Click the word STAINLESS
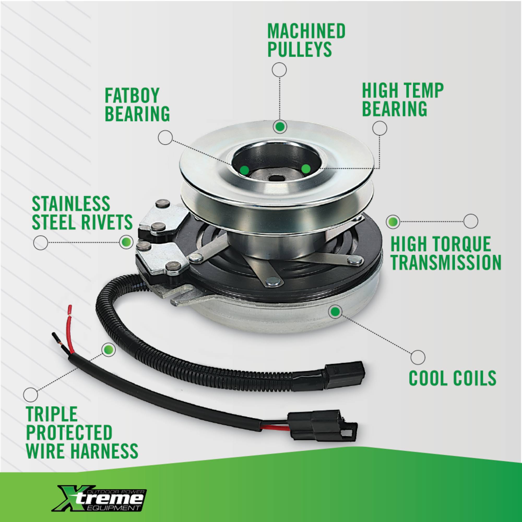71,204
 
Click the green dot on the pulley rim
280,126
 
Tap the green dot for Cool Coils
335,312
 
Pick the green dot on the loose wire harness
108,349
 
